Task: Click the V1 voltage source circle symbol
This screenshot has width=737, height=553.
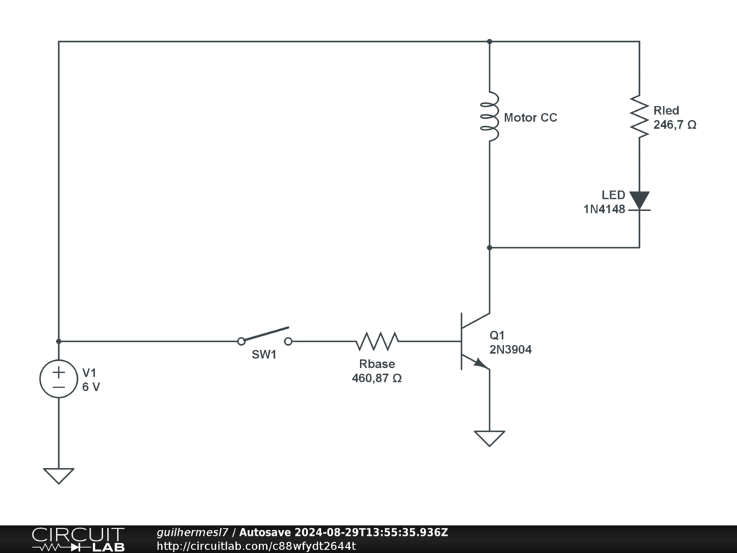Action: coord(58,379)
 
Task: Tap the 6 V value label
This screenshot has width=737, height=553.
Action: coord(91,387)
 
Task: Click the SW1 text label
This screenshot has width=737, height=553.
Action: coord(263,355)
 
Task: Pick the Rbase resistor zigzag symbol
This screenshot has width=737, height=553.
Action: coord(377,341)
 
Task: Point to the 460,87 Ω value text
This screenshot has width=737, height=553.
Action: coord(376,377)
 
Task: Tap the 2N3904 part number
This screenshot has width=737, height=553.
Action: coord(511,349)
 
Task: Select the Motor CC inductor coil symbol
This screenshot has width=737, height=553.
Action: coord(489,117)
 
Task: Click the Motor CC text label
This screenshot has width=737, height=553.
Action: coord(530,117)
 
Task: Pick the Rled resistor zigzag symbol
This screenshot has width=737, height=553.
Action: coord(639,116)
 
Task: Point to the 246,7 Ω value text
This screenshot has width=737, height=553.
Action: coord(674,125)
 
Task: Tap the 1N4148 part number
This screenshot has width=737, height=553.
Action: coord(605,208)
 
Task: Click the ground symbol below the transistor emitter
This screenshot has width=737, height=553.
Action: coord(489,438)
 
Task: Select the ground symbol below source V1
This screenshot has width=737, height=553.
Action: coord(58,475)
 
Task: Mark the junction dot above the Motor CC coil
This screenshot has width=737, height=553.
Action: coord(489,41)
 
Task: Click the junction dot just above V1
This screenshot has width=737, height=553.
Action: coord(58,341)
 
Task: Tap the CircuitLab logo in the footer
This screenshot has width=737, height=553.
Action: coord(78,539)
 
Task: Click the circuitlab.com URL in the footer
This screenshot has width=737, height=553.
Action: coord(256,546)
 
